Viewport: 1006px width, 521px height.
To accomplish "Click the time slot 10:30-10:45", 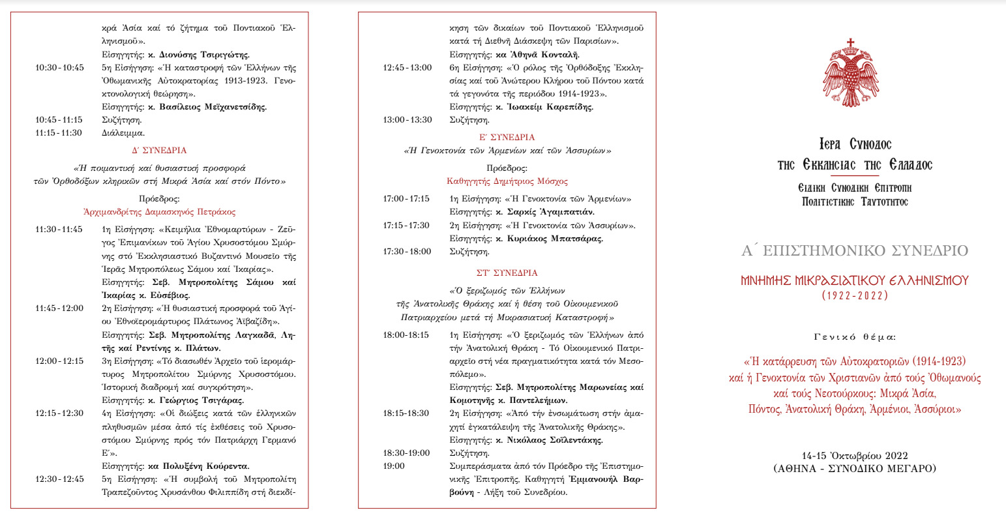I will coord(59,67).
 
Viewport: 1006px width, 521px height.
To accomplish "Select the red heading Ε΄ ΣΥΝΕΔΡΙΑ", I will coord(507,138).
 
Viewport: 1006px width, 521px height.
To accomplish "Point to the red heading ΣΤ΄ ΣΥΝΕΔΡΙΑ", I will coord(507,273).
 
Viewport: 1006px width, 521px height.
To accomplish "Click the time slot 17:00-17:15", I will coord(406,199).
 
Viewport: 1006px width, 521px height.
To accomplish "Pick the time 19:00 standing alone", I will coord(394,466).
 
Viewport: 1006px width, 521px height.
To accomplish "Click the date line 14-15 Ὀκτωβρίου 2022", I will coord(855,456).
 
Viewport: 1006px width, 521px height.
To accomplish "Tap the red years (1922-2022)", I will coord(854,295).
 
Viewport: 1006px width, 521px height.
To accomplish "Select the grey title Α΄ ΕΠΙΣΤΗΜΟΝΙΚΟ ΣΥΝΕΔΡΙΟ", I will coord(855,251).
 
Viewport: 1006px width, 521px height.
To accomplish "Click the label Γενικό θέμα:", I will coord(855,337).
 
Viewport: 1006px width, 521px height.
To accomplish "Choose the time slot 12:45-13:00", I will coord(407,67).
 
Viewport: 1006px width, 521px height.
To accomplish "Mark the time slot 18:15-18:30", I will coord(406,413).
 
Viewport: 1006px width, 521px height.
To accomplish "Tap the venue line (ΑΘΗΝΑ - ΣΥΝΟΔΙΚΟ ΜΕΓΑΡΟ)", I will coord(855,468).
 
